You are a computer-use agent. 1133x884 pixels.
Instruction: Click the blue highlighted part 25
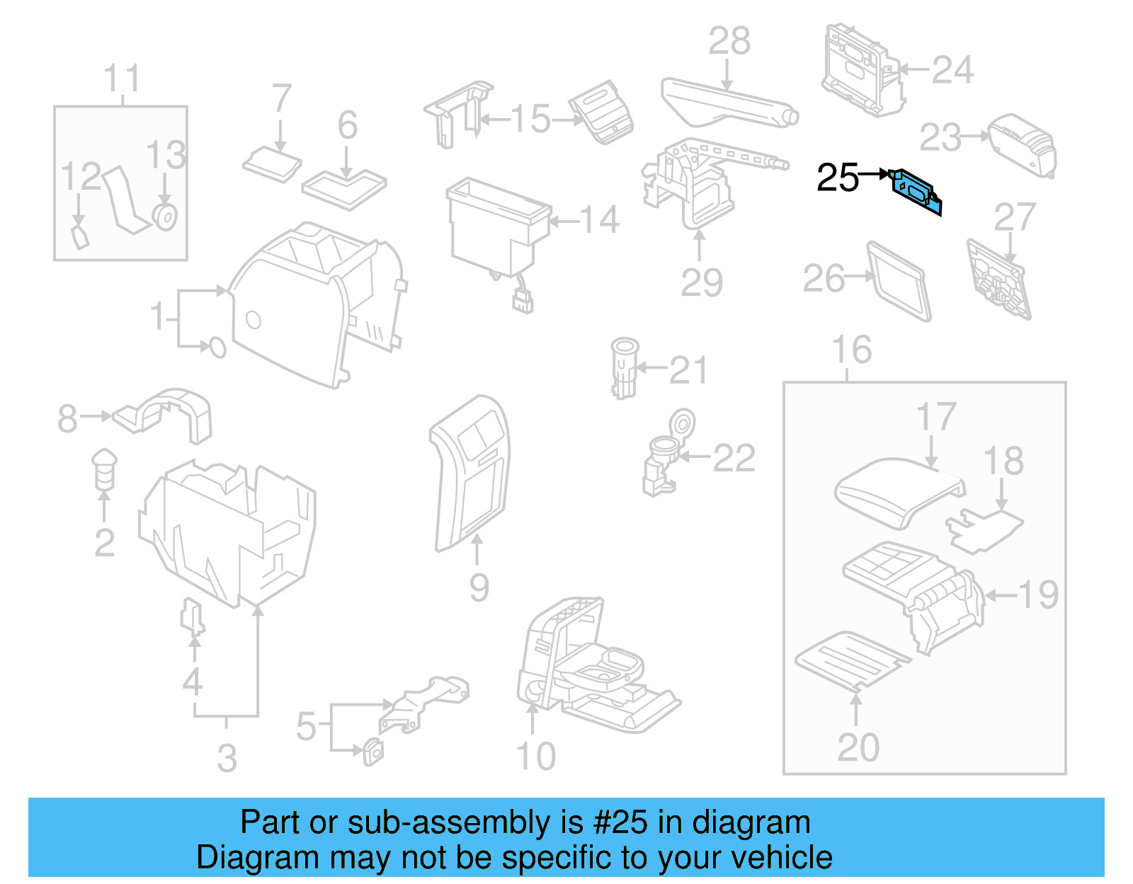tap(916, 190)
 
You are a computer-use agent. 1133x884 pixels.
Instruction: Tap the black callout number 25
tap(837, 178)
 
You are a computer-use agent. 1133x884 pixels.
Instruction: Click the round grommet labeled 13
tap(165, 217)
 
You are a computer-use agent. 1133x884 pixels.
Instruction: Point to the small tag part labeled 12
tap(80, 237)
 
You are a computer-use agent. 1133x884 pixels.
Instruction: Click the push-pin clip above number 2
tap(104, 467)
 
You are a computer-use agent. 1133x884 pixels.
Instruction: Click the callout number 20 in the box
tap(858, 747)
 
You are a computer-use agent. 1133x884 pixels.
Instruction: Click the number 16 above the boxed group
tap(851, 350)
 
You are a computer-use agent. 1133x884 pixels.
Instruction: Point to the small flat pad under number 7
tap(272, 165)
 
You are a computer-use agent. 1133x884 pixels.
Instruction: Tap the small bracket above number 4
tap(192, 616)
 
